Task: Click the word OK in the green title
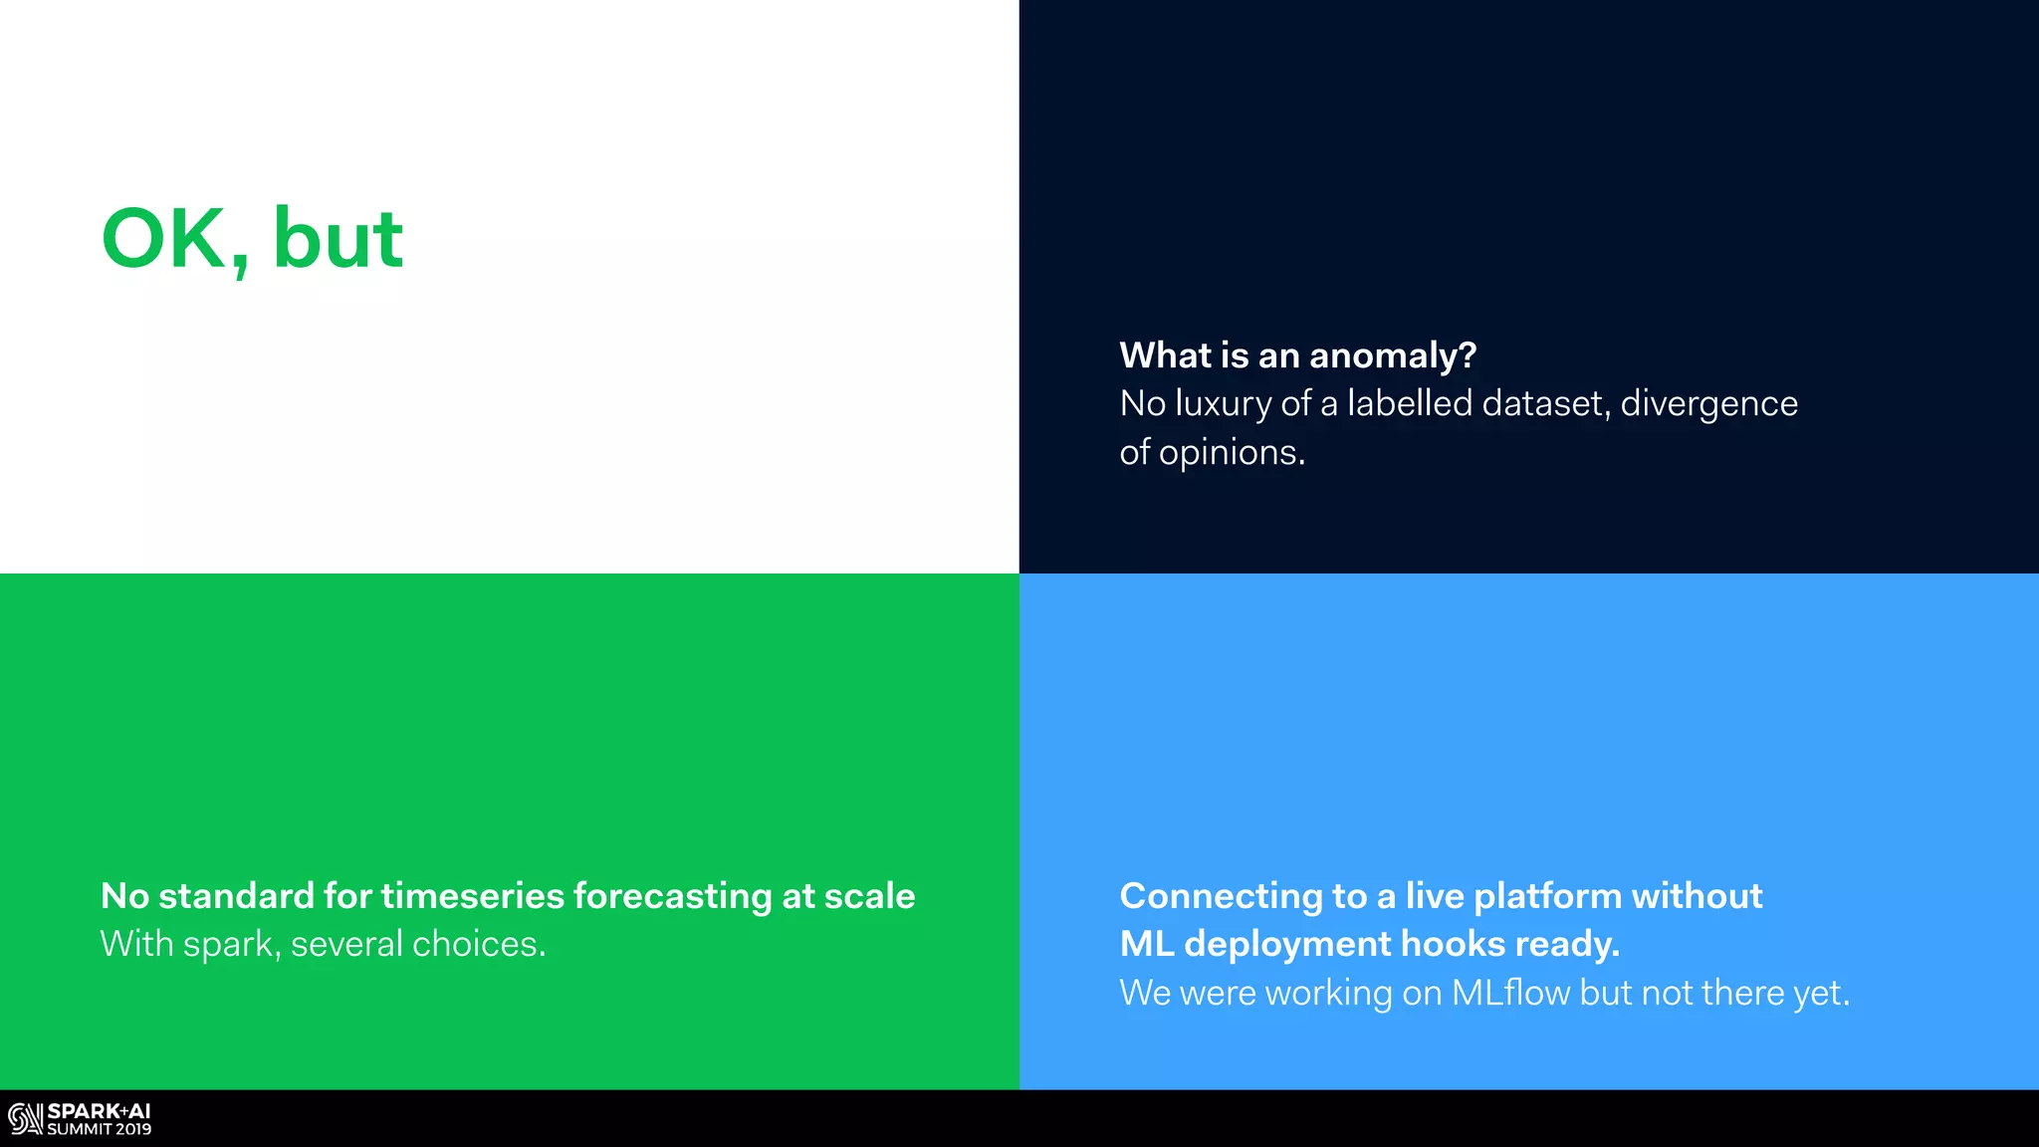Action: click(x=164, y=239)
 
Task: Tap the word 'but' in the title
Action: click(x=338, y=239)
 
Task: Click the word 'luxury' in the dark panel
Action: click(x=1223, y=404)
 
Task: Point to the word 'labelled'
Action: click(x=1409, y=403)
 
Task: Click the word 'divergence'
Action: click(x=1708, y=404)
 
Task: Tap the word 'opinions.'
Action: click(x=1232, y=453)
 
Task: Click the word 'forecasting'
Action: click(x=672, y=897)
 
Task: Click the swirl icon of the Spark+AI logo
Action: click(x=25, y=1119)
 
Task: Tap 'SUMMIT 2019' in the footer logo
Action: click(x=100, y=1129)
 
